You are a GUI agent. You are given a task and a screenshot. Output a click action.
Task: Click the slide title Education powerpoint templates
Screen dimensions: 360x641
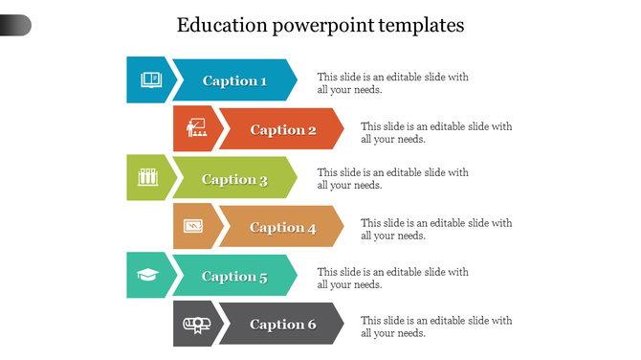(x=320, y=25)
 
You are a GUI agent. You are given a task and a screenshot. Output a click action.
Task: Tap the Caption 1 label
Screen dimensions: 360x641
(x=234, y=80)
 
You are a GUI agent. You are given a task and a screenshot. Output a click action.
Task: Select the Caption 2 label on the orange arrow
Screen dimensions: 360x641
(x=283, y=129)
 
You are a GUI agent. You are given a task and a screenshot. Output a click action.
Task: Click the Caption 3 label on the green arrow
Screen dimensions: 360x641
(x=234, y=179)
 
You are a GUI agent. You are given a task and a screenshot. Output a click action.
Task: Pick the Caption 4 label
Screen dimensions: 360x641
(x=283, y=227)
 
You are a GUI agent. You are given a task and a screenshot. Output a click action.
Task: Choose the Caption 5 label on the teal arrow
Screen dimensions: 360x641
(x=234, y=277)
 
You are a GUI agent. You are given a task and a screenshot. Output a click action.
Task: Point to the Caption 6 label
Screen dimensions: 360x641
(x=283, y=325)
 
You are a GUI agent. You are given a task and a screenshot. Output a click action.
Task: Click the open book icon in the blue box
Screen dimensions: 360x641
(x=149, y=79)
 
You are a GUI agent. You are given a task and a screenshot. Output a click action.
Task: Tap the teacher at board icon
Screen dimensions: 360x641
(x=196, y=128)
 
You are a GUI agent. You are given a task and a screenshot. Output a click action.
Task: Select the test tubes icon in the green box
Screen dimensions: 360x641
(x=147, y=177)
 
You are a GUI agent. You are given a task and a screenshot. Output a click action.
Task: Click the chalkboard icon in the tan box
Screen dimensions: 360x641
(x=194, y=226)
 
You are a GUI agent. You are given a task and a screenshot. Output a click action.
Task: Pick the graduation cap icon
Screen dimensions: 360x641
(x=147, y=276)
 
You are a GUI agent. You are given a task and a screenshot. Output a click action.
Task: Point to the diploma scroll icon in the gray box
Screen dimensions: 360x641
(x=194, y=325)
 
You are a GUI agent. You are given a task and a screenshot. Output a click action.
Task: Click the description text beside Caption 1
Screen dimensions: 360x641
(x=392, y=83)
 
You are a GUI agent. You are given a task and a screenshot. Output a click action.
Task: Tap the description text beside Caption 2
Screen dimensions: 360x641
(x=436, y=132)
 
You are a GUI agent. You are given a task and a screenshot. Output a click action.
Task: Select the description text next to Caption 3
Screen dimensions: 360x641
(x=392, y=179)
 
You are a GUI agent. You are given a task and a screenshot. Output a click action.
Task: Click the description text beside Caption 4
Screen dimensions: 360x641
(x=436, y=229)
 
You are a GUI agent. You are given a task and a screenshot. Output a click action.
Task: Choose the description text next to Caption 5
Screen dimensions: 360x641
(x=392, y=278)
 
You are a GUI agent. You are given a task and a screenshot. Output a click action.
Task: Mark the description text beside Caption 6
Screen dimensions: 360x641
(x=436, y=326)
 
